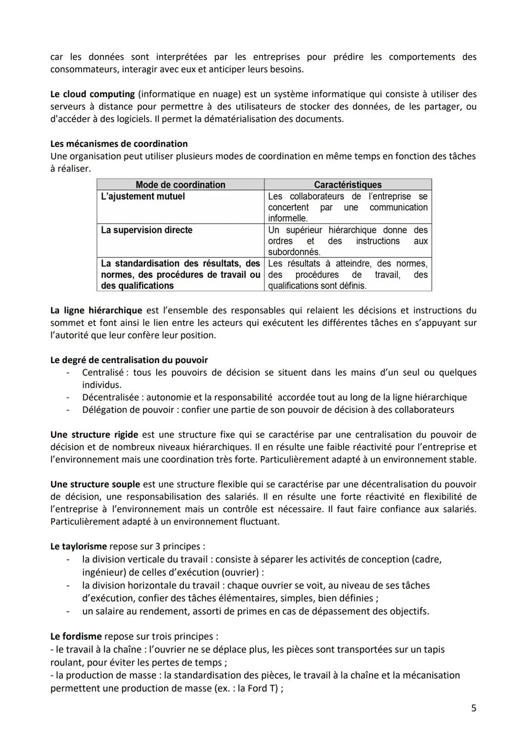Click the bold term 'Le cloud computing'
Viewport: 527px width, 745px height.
click(93, 94)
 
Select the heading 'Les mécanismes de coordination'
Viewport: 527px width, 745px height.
click(119, 144)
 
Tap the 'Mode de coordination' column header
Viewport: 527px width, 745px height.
click(180, 185)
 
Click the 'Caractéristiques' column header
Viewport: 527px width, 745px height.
click(347, 185)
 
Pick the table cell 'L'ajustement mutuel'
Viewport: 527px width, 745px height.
click(143, 196)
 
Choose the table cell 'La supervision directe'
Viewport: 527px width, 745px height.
click(147, 230)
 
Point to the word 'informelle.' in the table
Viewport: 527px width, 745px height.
click(288, 219)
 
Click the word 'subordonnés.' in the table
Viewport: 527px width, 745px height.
click(294, 252)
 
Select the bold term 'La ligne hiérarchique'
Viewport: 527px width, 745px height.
click(96, 310)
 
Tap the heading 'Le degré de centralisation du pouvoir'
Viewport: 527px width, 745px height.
click(129, 360)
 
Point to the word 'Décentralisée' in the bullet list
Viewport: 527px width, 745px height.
click(110, 398)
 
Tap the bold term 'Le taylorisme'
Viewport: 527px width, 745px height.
click(79, 546)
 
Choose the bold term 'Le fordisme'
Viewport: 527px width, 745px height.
click(76, 637)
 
